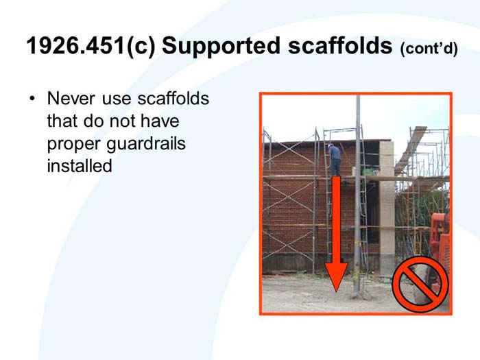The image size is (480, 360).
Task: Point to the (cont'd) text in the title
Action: tap(429, 49)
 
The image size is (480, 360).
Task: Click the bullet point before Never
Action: tap(32, 99)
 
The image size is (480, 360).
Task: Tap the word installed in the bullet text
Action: tap(79, 165)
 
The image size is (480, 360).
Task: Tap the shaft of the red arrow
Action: tap(335, 219)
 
